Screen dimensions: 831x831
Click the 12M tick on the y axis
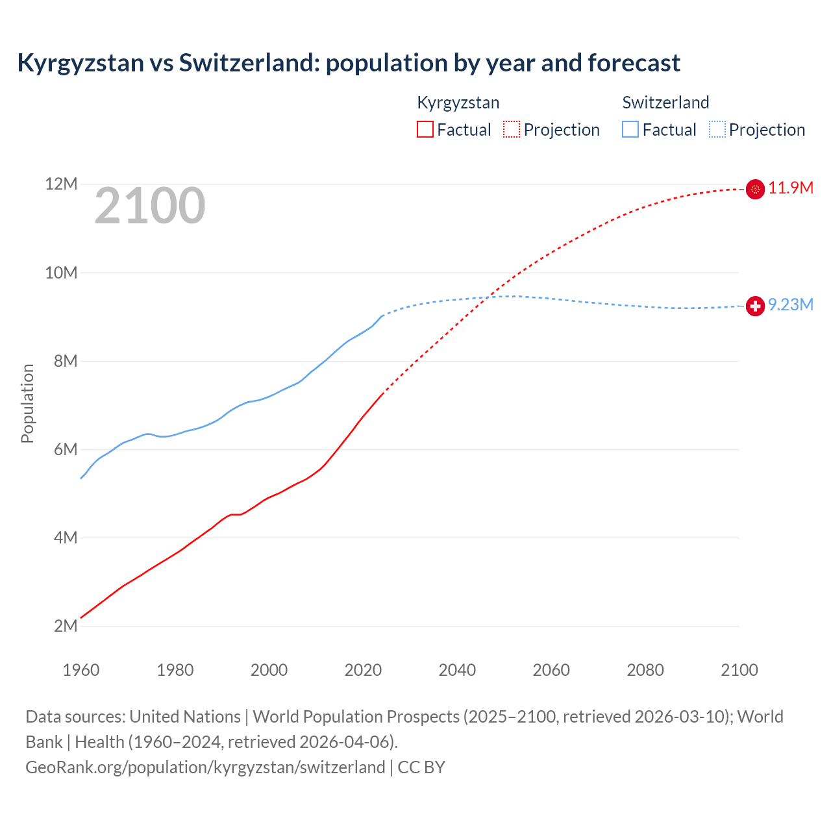[61, 184]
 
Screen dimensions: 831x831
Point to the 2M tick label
[66, 626]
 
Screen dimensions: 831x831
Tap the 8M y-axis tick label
[66, 361]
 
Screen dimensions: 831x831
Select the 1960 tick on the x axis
[81, 670]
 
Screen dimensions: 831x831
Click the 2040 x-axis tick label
[457, 670]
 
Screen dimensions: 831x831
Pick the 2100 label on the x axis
[739, 670]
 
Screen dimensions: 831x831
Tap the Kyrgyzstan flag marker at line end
[755, 189]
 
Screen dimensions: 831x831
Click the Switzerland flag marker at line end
[755, 306]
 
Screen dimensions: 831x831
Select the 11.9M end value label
[791, 188]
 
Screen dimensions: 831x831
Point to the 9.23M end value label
[791, 305]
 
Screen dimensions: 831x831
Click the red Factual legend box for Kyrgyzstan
[425, 129]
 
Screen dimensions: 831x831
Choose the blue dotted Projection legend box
[717, 129]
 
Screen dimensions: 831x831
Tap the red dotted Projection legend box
[512, 129]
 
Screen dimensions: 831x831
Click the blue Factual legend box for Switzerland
[630, 129]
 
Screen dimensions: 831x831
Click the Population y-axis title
[27, 403]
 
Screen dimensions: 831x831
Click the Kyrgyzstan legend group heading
[458, 103]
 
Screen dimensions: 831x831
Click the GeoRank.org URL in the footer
[205, 767]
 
